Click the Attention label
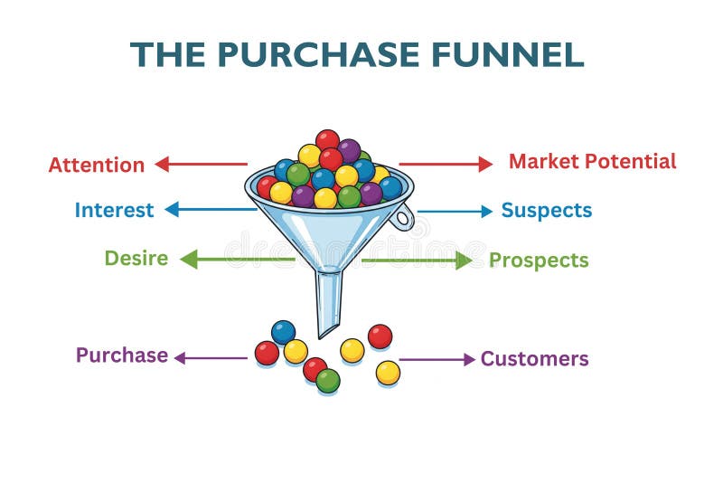[96, 165]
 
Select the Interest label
[114, 210]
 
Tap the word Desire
[136, 258]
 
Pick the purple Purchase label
[121, 355]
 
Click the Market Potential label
[592, 162]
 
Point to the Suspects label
[546, 211]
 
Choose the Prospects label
[539, 260]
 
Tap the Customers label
[534, 359]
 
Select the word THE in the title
[169, 55]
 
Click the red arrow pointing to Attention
[201, 164]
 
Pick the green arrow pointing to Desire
[237, 260]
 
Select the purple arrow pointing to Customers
[437, 359]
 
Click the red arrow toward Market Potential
[446, 164]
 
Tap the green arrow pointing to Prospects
[417, 260]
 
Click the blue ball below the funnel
[283, 332]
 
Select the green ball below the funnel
[328, 381]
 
